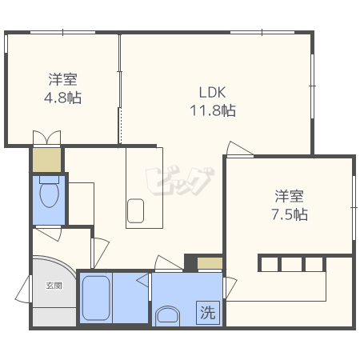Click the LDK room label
coord(213,92)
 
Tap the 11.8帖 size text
coord(213,110)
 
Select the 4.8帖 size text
coord(62,98)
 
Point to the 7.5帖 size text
coord(290,214)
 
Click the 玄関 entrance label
coord(54,286)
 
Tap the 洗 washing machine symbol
coord(208,313)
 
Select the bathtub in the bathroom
coord(96,298)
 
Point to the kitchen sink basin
coord(135,210)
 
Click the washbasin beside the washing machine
coord(167,316)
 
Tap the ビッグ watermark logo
coord(179,181)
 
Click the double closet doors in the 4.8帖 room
coord(46,138)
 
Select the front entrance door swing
coord(23,290)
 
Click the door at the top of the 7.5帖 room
coord(239,148)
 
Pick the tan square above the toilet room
coord(47,160)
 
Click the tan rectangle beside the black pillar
coord(210,263)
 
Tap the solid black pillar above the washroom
coord(190,262)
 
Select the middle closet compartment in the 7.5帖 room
coord(291,264)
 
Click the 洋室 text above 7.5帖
coord(289,196)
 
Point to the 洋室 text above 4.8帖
coord(62,79)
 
